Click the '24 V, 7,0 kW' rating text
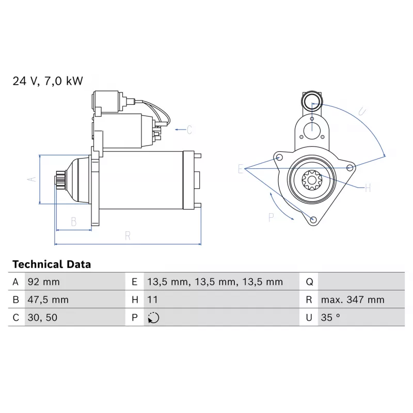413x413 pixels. pos(47,81)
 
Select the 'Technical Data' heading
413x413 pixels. pos(52,264)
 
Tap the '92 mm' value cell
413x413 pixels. pos(43,282)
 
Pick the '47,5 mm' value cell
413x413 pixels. pos(47,299)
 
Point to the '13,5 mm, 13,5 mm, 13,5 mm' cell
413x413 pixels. pos(215,282)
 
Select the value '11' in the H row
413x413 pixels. pos(153,299)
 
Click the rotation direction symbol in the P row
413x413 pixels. pos(153,318)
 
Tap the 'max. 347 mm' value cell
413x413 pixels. pos(353,299)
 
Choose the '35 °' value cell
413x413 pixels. pos(330,317)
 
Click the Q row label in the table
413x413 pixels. pos(310,282)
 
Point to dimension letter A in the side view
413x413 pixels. pos(31,179)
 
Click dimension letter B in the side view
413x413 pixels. pos(73,221)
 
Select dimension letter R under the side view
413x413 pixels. pos(128,236)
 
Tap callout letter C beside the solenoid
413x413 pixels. pos(189,130)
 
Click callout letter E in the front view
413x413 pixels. pos(241,169)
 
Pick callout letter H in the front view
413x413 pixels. pos(368,188)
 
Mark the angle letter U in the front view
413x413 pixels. pos(362,110)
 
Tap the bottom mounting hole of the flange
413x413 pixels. pos(313,221)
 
